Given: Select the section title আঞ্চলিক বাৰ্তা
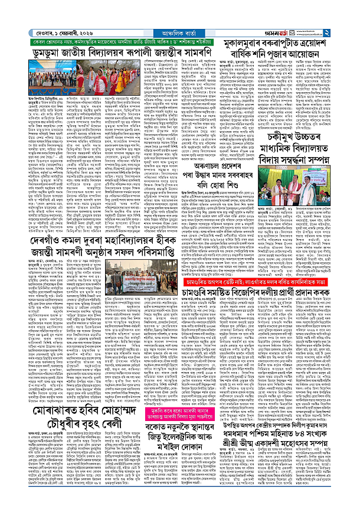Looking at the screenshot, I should coord(179,18).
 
